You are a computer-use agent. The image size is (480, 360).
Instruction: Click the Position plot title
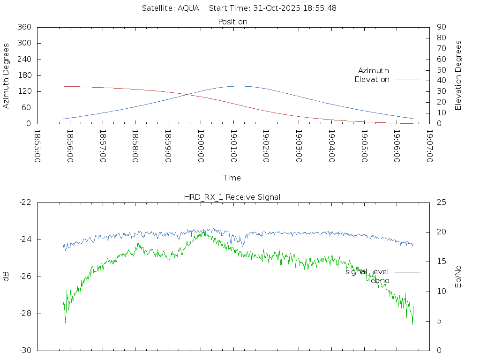click(232, 22)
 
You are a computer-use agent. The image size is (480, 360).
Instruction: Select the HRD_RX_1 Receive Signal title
click(232, 197)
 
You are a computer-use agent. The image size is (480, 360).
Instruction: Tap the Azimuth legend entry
click(374, 71)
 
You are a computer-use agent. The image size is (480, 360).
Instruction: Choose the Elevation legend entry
click(372, 80)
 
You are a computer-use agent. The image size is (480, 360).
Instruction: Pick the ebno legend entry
click(380, 281)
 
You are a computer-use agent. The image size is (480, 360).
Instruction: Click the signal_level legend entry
click(367, 271)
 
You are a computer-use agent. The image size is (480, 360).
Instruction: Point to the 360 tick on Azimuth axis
click(24, 27)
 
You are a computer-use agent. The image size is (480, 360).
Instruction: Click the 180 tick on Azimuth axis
click(24, 75)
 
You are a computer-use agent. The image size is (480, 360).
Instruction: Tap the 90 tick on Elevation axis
click(441, 27)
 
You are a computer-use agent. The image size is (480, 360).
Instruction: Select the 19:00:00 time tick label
click(201, 146)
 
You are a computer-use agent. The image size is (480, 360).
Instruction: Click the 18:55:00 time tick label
click(37, 146)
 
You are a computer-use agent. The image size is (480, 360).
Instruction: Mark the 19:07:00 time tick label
click(429, 146)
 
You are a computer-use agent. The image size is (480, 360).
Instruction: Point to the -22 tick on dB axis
click(25, 202)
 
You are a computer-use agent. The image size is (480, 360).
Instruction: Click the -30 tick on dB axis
click(25, 351)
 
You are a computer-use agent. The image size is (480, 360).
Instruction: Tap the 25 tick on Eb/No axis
click(441, 202)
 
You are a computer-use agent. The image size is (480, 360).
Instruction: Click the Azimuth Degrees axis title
click(6, 75)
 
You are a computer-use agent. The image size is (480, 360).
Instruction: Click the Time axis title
click(232, 178)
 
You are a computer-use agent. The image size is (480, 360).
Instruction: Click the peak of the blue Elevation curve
click(239, 86)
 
